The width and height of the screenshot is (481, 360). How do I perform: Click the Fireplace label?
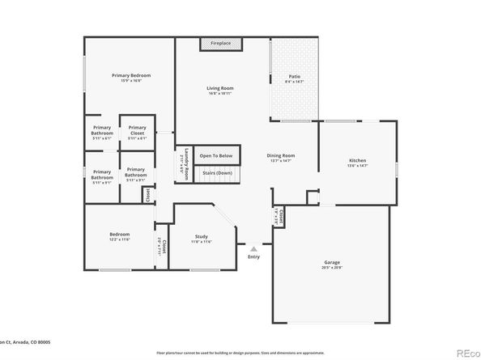(220, 42)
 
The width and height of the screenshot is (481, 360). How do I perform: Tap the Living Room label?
(219, 87)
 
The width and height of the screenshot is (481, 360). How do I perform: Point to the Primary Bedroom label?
(130, 75)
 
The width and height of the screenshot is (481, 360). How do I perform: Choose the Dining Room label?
(281, 155)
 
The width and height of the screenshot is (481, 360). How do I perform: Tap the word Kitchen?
(357, 159)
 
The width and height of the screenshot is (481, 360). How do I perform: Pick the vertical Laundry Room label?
(185, 161)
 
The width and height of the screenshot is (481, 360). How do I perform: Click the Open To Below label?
(216, 155)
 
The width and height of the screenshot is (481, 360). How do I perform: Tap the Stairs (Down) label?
(216, 172)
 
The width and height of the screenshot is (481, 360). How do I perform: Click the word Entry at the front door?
(253, 258)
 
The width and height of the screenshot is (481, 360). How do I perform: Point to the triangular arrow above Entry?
(253, 249)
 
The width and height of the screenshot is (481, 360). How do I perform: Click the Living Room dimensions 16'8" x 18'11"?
(219, 94)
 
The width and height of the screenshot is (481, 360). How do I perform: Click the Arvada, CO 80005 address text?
(28, 343)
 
